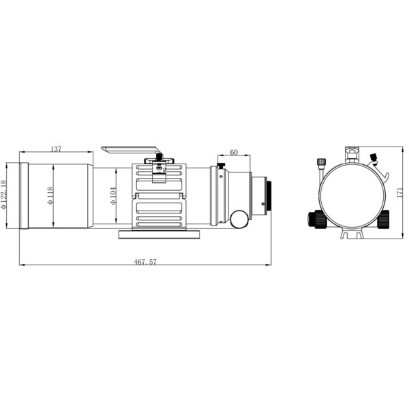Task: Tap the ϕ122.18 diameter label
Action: tap(5, 195)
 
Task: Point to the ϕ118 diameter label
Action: tap(49, 196)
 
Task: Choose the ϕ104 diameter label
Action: tap(112, 195)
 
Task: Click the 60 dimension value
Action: tap(234, 152)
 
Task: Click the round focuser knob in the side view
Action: tap(239, 219)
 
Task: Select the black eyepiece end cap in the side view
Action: tap(270, 195)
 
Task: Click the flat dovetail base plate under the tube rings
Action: tap(160, 234)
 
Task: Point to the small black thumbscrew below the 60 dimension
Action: tap(222, 166)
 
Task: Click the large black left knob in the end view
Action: tap(316, 219)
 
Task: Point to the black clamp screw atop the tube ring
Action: tap(159, 157)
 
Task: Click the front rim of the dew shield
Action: tap(24, 196)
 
